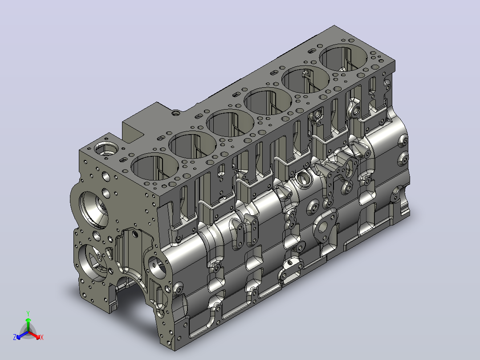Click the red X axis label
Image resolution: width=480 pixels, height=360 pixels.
(42, 337)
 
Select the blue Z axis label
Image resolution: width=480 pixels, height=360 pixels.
(15, 337)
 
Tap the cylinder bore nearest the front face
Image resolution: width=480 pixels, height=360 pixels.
(155, 167)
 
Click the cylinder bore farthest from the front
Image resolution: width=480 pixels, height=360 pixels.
(343, 58)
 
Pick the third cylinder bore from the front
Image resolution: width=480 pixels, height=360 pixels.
(230, 123)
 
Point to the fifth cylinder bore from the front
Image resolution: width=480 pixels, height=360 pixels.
(305, 80)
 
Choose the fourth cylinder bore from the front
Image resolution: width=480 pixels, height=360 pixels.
(268, 102)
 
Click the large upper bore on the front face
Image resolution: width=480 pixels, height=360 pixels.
(94, 210)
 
